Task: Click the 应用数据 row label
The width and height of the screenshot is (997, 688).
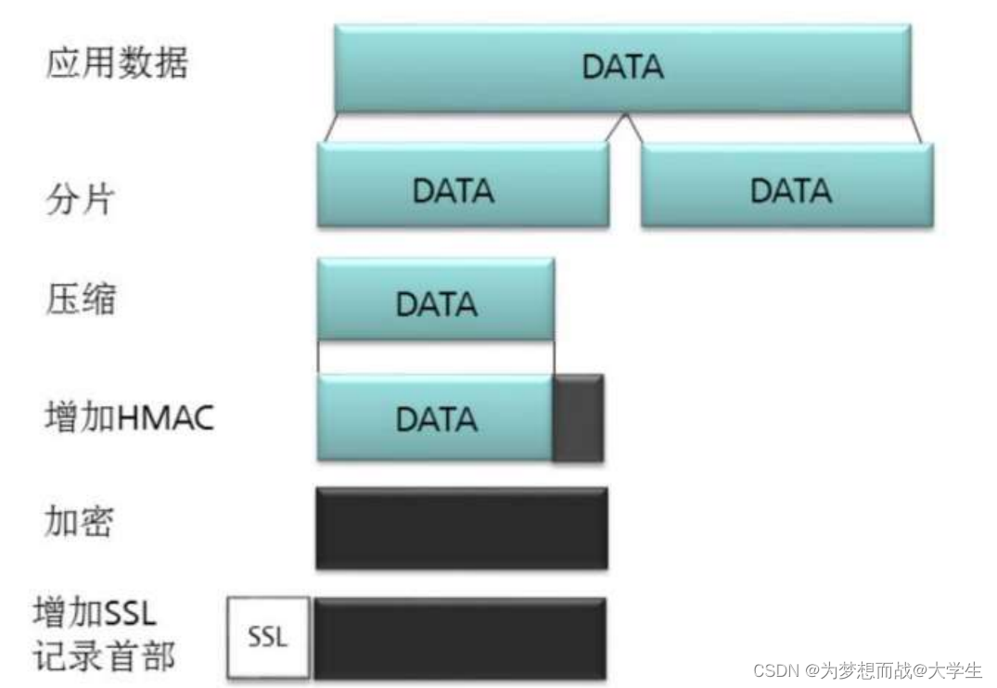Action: (116, 64)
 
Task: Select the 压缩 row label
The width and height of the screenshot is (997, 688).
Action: (82, 301)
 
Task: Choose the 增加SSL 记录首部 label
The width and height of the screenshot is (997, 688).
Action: (103, 635)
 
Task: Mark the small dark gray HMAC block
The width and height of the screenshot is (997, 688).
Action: (579, 417)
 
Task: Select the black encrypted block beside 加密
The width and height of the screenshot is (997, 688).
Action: (462, 528)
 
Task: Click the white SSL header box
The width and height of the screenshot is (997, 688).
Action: (268, 638)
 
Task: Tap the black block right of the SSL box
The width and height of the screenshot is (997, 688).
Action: (460, 637)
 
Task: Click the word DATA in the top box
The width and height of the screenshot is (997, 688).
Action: (622, 68)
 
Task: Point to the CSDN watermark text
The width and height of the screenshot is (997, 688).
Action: (867, 669)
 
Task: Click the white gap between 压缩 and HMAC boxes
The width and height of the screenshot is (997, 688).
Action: (436, 357)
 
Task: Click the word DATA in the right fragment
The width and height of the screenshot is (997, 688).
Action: (790, 191)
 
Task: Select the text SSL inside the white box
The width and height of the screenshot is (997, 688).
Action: (268, 638)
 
